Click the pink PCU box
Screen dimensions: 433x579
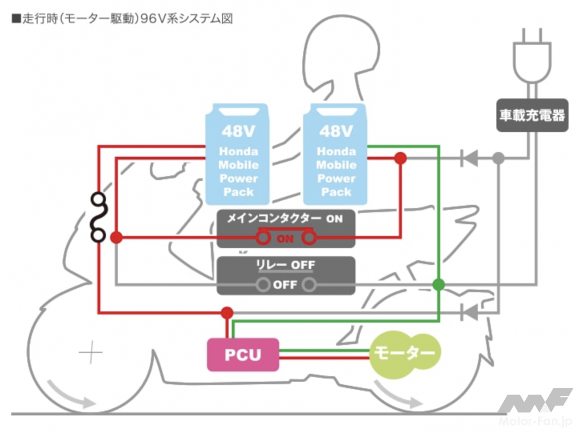click(243, 354)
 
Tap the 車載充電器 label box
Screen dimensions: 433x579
click(532, 116)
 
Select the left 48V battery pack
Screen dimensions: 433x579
click(238, 154)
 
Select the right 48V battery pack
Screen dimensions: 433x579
click(336, 154)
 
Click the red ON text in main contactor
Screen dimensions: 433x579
click(285, 239)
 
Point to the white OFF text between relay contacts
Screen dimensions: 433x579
click(285, 285)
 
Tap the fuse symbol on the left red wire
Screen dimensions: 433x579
click(98, 217)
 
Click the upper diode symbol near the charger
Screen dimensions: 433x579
click(469, 159)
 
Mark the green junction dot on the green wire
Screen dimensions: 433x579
click(438, 284)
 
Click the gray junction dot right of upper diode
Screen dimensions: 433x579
click(498, 159)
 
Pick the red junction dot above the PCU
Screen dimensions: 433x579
click(227, 313)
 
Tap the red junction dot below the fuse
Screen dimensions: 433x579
click(116, 238)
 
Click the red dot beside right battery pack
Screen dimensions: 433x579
click(400, 159)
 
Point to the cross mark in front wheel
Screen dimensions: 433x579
click(91, 354)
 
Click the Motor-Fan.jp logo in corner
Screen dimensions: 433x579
click(535, 407)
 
